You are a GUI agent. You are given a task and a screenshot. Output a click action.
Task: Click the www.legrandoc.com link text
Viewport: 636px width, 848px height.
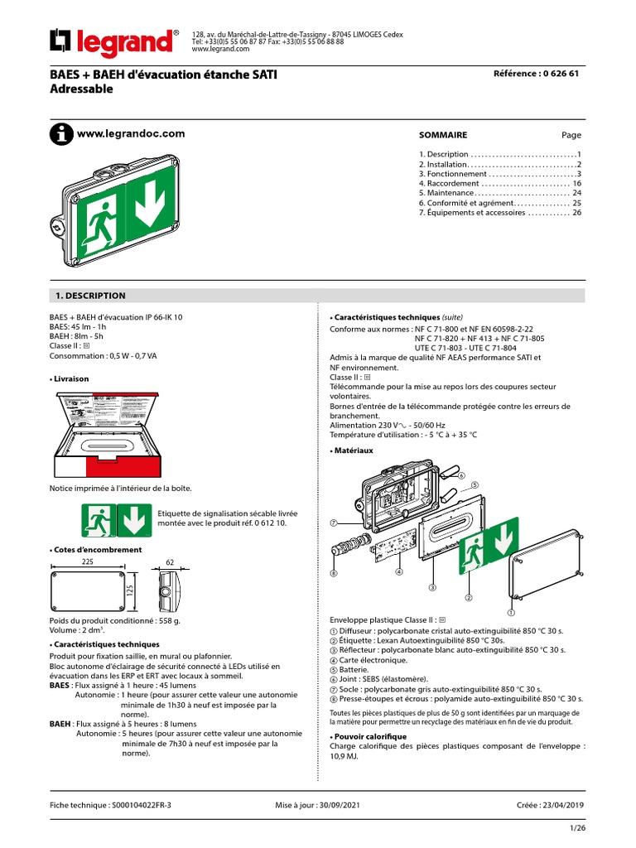[x=130, y=133]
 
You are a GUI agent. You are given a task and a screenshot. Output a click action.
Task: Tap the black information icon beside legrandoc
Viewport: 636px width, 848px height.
[x=60, y=134]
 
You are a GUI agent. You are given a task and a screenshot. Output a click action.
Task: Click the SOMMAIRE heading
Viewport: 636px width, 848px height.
[x=443, y=135]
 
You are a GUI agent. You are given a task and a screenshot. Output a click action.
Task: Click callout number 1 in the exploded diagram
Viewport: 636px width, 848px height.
[x=511, y=614]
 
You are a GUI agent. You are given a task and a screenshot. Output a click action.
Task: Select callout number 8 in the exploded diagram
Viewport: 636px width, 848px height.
[x=334, y=573]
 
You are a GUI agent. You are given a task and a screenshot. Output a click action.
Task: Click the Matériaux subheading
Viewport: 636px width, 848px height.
[x=354, y=450]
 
